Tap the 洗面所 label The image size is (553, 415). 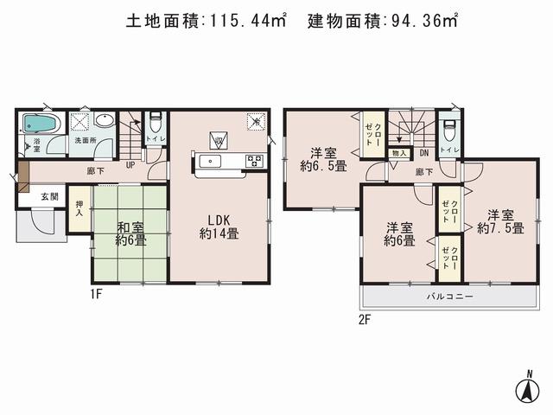point(84,141)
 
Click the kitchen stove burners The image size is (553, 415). point(254,160)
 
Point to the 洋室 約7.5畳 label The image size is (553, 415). point(500,221)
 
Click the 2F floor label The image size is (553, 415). point(365,320)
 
